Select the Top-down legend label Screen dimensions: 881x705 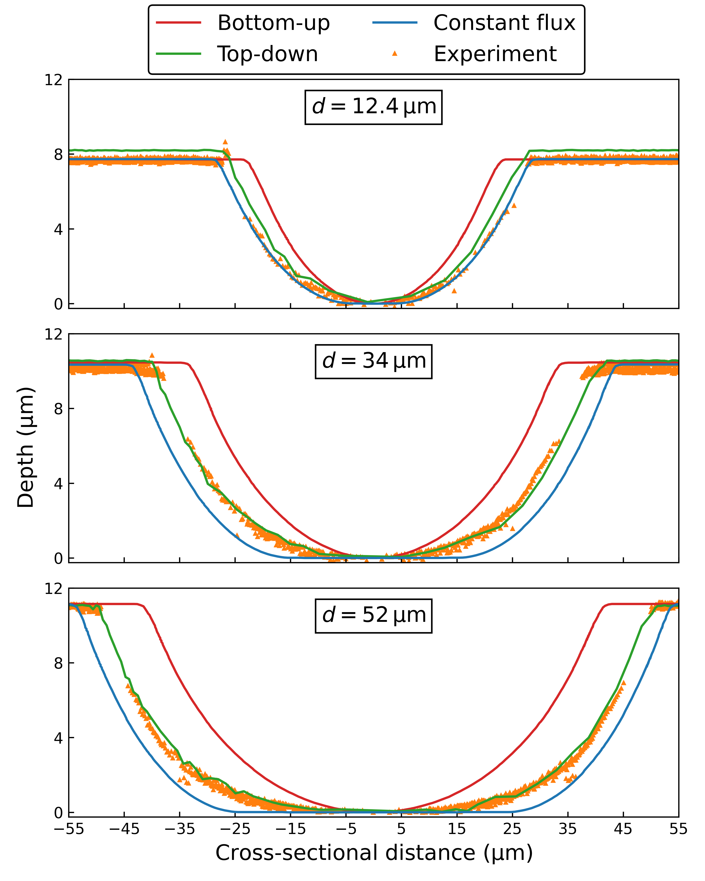point(267,54)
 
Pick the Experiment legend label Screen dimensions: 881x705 point(495,54)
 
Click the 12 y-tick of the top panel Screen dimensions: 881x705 point(54,80)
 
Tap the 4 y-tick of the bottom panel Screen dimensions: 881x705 point(58,738)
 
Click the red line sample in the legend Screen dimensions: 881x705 point(179,23)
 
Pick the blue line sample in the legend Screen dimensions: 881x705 point(395,23)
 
